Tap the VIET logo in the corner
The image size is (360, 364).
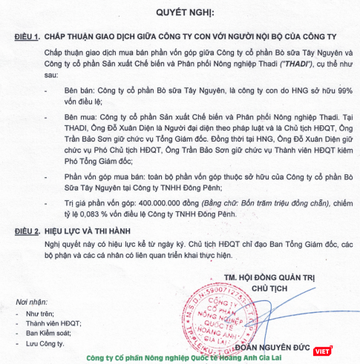pyautogui.click(x=321, y=351)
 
